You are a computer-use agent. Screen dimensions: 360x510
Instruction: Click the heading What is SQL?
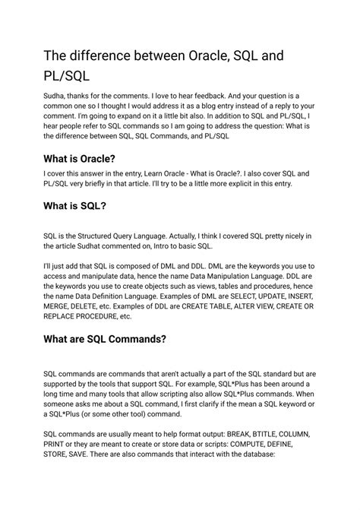point(74,207)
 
